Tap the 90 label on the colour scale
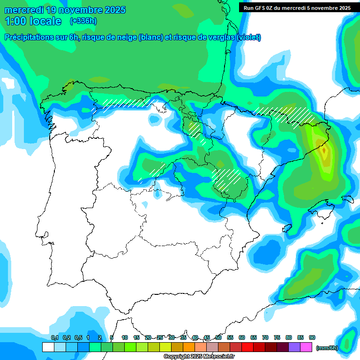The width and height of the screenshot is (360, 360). [x=312, y=337]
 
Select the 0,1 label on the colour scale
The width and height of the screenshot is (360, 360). [x=54, y=337]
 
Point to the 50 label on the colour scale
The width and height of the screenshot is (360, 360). [x=218, y=337]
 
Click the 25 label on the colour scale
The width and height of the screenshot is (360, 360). [x=160, y=337]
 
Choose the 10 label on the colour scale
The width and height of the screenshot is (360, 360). [x=125, y=337]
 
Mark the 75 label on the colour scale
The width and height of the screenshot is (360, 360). [x=277, y=337]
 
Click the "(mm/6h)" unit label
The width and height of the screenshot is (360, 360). [x=327, y=347]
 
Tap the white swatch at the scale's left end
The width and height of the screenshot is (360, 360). [x=48, y=347]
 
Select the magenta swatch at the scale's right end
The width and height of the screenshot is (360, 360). [x=306, y=347]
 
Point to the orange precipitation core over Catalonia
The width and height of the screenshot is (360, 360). [x=324, y=151]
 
